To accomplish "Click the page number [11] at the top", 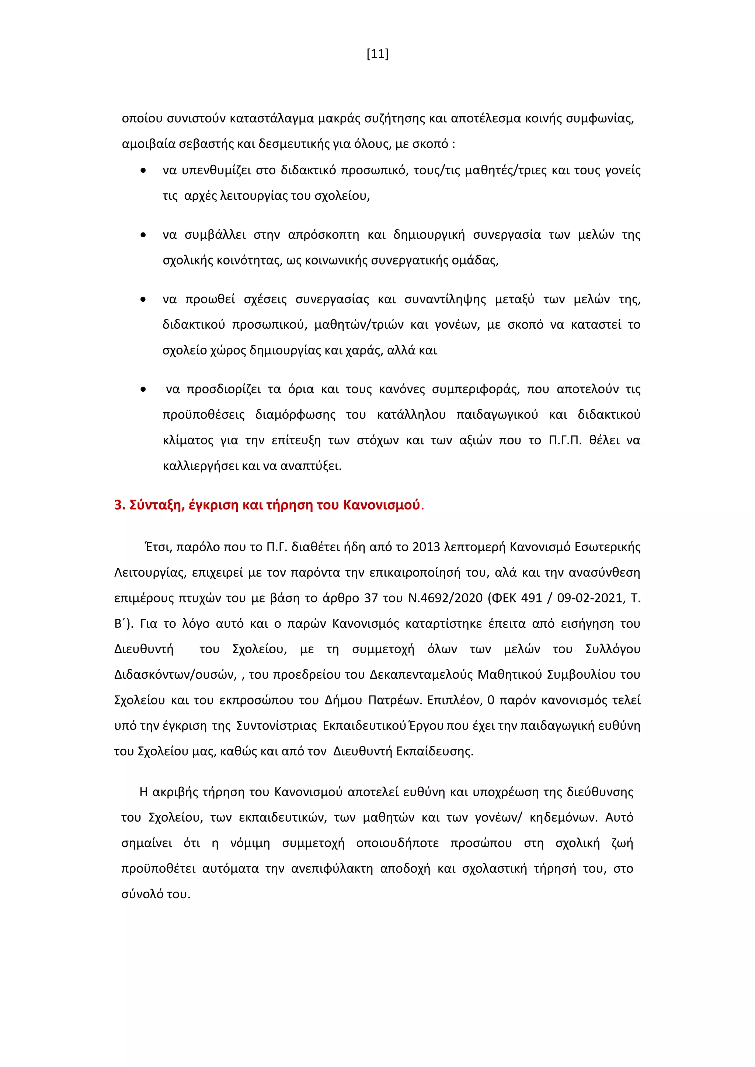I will [377, 55].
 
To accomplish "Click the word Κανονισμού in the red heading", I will [381, 505].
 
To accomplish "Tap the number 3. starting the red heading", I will [119, 505].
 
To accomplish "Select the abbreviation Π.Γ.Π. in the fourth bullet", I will [565, 440].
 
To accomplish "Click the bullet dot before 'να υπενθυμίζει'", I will [143, 171].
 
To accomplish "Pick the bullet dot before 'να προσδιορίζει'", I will [143, 389].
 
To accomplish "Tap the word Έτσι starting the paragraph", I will [158, 547].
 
